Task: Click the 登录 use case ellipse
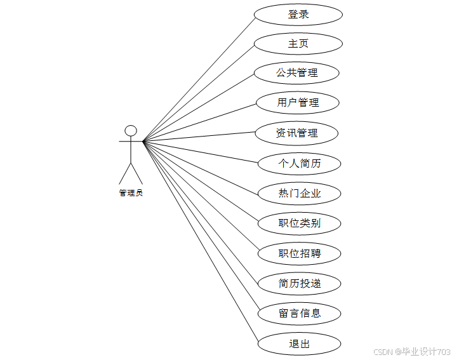tap(298, 15)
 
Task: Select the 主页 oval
tap(298, 44)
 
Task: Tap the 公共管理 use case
tap(296, 73)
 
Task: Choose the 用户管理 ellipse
tap(298, 102)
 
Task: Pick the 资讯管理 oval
tap(296, 133)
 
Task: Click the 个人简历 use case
tap(300, 163)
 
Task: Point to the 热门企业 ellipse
tap(300, 194)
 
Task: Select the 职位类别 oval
tap(300, 223)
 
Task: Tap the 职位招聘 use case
tap(300, 254)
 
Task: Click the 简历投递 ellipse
tap(300, 283)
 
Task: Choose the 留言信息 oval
tap(300, 313)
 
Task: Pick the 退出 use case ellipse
tap(299, 343)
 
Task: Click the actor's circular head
tap(131, 131)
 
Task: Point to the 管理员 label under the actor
tap(131, 193)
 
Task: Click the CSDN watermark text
tap(411, 351)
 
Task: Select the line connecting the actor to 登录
tap(199, 77)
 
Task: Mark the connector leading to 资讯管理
tap(199, 137)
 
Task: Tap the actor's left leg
tap(125, 173)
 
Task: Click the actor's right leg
tap(136, 173)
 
